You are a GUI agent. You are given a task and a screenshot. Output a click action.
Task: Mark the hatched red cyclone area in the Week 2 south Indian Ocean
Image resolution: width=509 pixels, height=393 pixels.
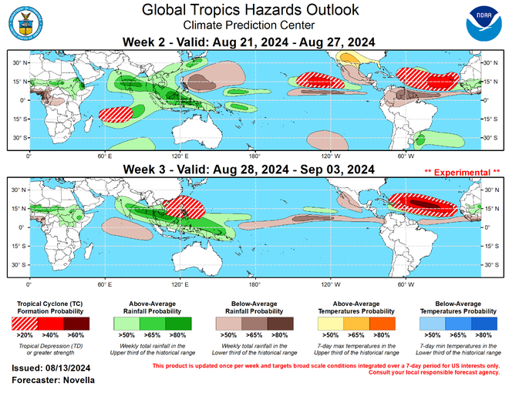point(118,116)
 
